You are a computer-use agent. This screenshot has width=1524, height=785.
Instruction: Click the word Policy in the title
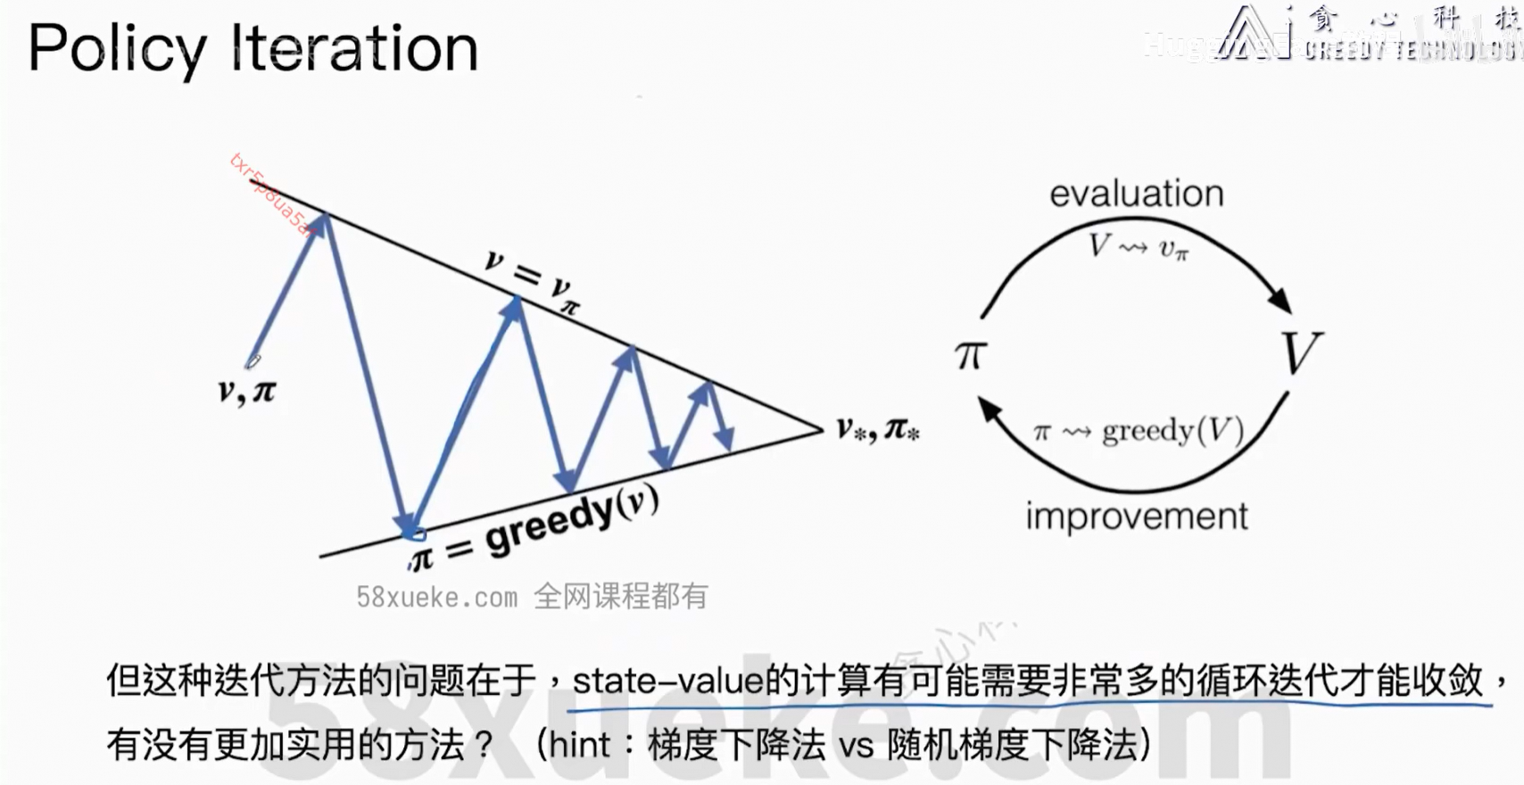(117, 49)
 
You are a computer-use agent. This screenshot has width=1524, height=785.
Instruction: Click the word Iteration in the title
(355, 49)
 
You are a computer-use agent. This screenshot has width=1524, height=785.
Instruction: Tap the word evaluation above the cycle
(1136, 194)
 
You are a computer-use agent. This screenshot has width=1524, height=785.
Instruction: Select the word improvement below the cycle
(1136, 516)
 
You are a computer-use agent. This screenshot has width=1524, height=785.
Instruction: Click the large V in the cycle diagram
(1301, 353)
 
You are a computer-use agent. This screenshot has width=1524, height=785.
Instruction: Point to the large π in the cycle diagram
(970, 355)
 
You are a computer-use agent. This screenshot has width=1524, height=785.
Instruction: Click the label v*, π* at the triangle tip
(877, 430)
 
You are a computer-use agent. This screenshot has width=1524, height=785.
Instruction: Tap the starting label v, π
(247, 391)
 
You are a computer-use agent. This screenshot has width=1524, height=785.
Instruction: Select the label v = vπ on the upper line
(532, 282)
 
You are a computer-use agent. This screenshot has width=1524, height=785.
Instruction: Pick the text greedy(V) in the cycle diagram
(1172, 432)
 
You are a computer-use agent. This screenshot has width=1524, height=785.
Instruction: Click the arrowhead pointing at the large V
(1281, 301)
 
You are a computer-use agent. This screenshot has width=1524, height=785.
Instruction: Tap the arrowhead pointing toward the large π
(989, 409)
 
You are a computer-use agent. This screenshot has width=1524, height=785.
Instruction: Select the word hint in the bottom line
(580, 745)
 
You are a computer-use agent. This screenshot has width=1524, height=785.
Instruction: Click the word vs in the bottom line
(856, 746)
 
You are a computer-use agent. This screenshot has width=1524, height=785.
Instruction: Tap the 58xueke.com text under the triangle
(436, 597)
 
